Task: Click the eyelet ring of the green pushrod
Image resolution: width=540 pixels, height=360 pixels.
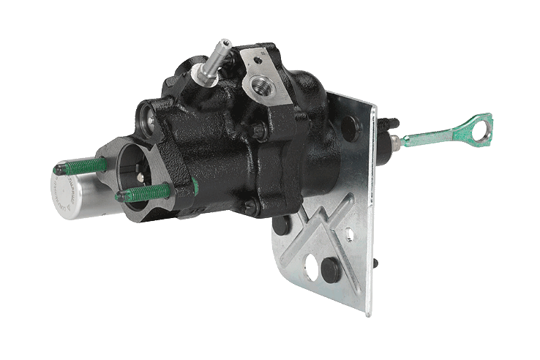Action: pos(481,124)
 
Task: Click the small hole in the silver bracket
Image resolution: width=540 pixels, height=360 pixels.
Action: pos(350,236)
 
